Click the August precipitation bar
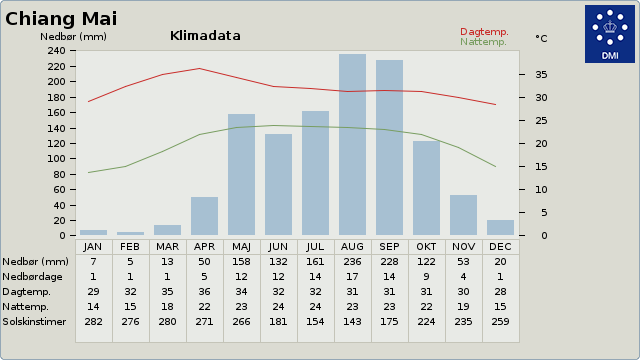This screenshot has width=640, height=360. [x=352, y=144]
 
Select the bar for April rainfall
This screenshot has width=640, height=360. [x=204, y=216]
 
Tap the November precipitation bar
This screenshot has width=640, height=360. [x=463, y=215]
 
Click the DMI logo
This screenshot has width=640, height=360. [x=610, y=34]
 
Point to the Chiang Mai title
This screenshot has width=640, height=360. [x=61, y=19]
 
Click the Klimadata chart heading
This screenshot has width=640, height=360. [x=205, y=36]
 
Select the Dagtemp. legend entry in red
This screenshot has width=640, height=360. [x=484, y=32]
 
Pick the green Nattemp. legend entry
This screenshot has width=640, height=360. [x=483, y=42]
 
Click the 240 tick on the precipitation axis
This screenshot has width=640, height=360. [x=56, y=51]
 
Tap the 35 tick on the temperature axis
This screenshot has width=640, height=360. [x=541, y=75]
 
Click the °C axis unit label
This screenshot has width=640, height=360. [x=541, y=38]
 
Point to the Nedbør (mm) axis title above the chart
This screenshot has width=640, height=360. [x=73, y=37]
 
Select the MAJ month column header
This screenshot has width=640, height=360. [x=241, y=247]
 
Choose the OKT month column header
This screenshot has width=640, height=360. [x=426, y=247]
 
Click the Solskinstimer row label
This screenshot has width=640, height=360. [x=34, y=322]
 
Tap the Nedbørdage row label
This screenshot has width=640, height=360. [x=33, y=277]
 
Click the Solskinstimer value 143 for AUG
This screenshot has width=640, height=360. [x=352, y=322]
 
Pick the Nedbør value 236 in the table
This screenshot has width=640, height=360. [x=352, y=262]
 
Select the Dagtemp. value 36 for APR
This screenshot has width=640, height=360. [x=204, y=292]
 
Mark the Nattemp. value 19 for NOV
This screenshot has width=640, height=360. [x=463, y=307]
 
